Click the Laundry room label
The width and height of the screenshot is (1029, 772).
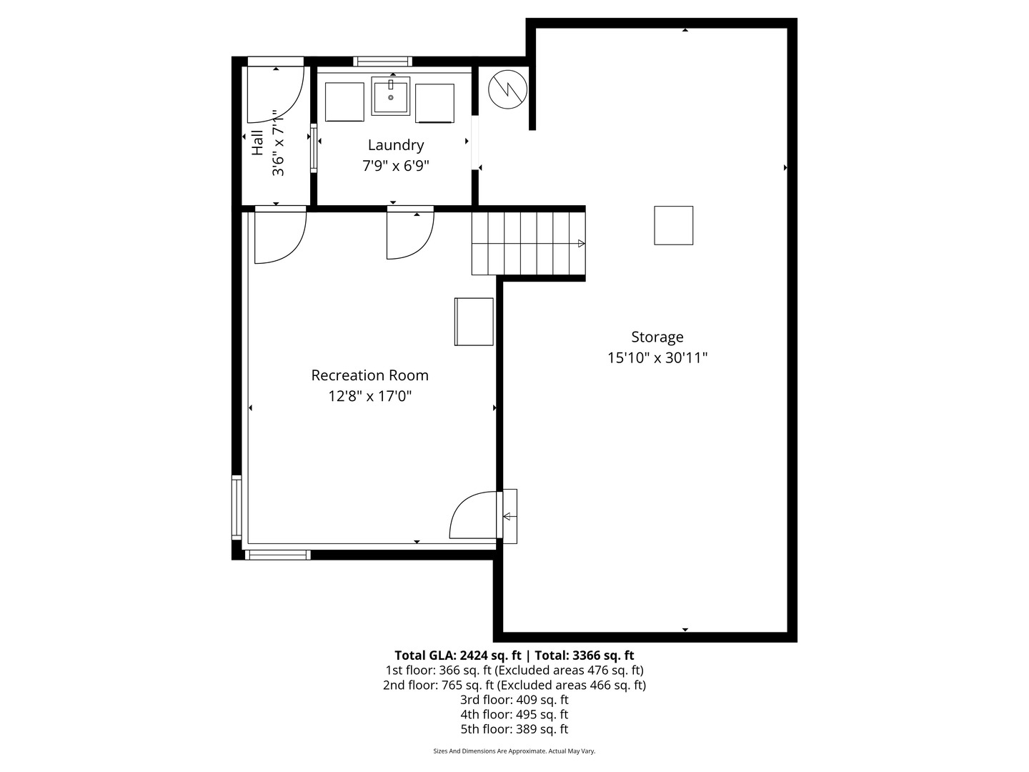click(396, 145)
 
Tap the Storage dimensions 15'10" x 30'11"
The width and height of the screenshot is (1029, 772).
click(657, 358)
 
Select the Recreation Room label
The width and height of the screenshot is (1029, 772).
click(370, 375)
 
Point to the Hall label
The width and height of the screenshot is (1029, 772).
click(257, 142)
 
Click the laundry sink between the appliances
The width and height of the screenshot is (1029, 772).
click(390, 96)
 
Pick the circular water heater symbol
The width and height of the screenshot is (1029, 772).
click(507, 89)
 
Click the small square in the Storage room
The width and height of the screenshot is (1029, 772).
click(674, 225)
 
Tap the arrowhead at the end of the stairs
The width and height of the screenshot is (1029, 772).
click(581, 243)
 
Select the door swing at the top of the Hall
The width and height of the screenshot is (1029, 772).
click(276, 94)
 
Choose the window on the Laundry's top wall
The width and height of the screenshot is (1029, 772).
click(382, 61)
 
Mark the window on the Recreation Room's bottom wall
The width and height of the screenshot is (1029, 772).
click(277, 555)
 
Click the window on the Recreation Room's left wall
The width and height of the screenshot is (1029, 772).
click(237, 508)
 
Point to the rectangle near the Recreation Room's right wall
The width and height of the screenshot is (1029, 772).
click(474, 322)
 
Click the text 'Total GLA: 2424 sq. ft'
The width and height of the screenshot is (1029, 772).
click(457, 655)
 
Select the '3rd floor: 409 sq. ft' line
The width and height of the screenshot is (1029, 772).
click(514, 700)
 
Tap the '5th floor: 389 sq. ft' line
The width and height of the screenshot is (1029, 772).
click(514, 729)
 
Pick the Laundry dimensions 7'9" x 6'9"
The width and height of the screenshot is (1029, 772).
click(396, 166)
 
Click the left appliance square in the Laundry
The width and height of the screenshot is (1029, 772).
click(344, 102)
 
